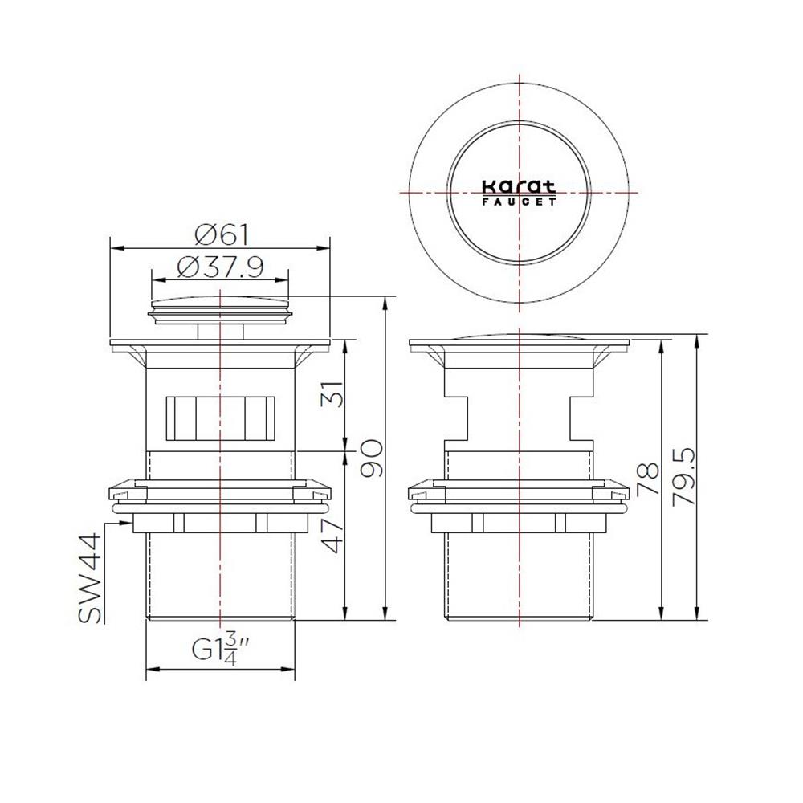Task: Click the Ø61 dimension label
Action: click(222, 235)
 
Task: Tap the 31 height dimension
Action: click(332, 393)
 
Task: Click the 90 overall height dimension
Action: click(371, 458)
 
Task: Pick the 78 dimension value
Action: click(648, 479)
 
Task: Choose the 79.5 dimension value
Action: click(684, 477)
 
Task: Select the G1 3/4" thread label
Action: click(220, 650)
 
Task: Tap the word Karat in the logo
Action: click(519, 186)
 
